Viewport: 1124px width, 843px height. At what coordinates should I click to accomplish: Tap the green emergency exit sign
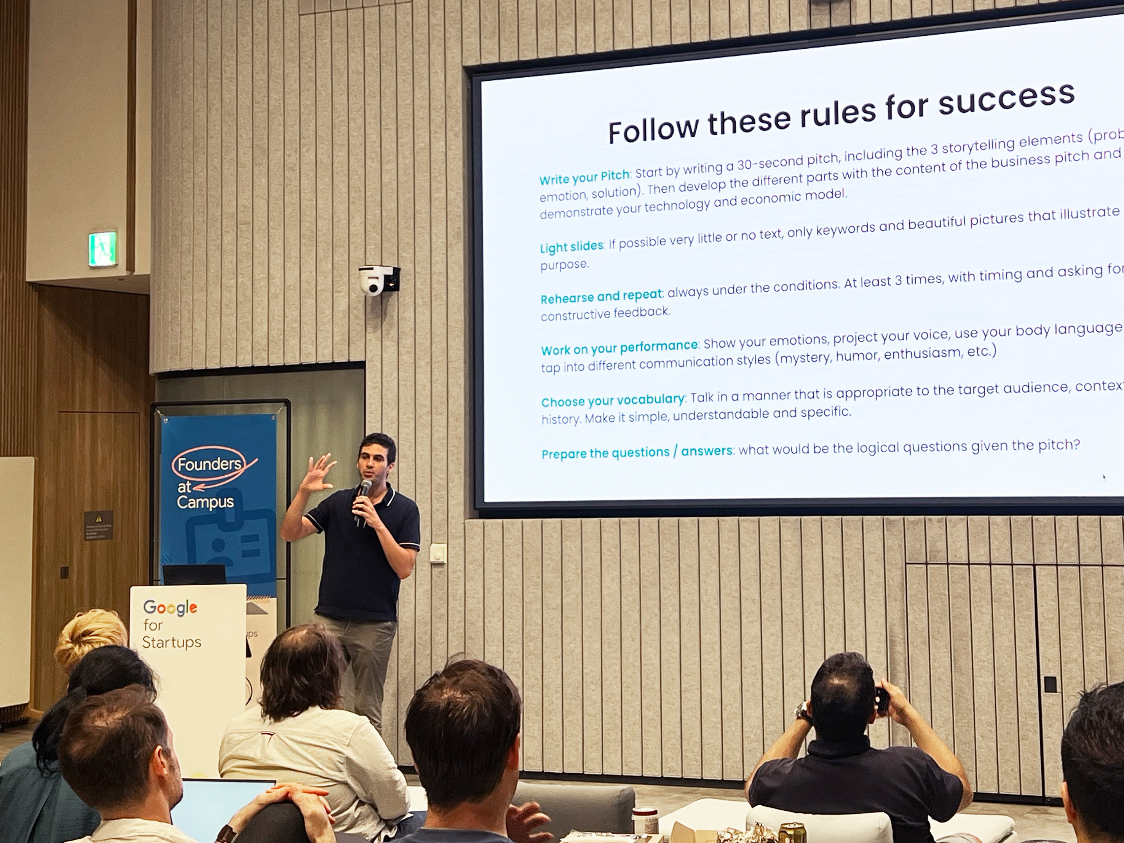pos(103,249)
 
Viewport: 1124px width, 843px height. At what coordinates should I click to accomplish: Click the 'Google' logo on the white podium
pos(170,607)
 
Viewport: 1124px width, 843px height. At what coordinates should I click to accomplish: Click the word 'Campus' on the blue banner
pos(205,502)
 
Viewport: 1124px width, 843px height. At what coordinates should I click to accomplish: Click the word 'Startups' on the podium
pos(172,642)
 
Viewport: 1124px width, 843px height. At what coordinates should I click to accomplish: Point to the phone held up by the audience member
pos(881,700)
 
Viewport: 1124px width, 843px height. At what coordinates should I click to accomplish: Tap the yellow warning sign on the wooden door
pos(99,518)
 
